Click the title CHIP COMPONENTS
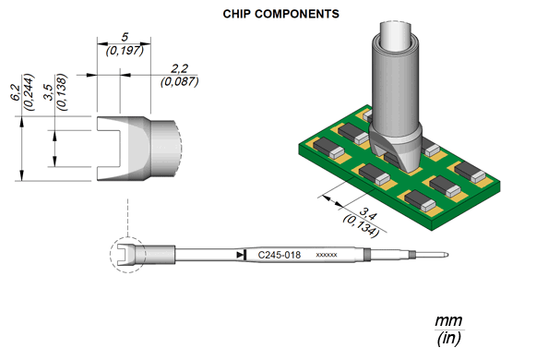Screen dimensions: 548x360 coord(281,14)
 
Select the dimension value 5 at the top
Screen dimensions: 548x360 coord(125,37)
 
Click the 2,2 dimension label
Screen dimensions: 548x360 coord(180,68)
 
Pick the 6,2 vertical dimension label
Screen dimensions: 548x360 coord(16,92)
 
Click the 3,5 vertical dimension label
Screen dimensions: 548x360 coord(49,92)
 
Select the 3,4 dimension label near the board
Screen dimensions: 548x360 coord(368,214)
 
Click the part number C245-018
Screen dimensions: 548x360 coord(280,255)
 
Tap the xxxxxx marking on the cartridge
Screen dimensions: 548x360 coord(327,255)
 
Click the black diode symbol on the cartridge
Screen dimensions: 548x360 coord(242,255)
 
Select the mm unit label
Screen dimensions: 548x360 coord(448,320)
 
